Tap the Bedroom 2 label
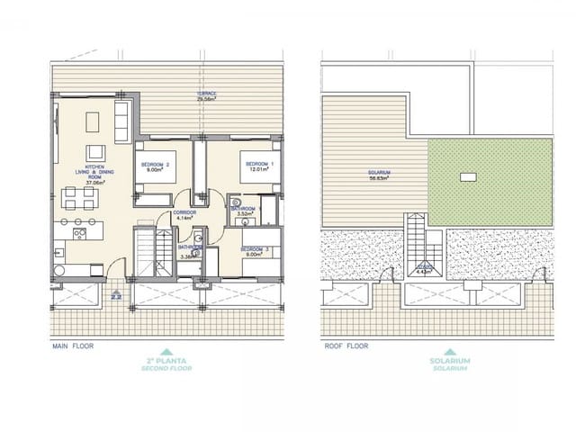(x=155, y=167)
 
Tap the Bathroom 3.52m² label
(x=246, y=211)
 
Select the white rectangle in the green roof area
(x=466, y=176)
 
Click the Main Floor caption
(x=73, y=344)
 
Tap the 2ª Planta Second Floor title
(x=166, y=364)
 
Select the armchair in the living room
(x=95, y=152)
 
